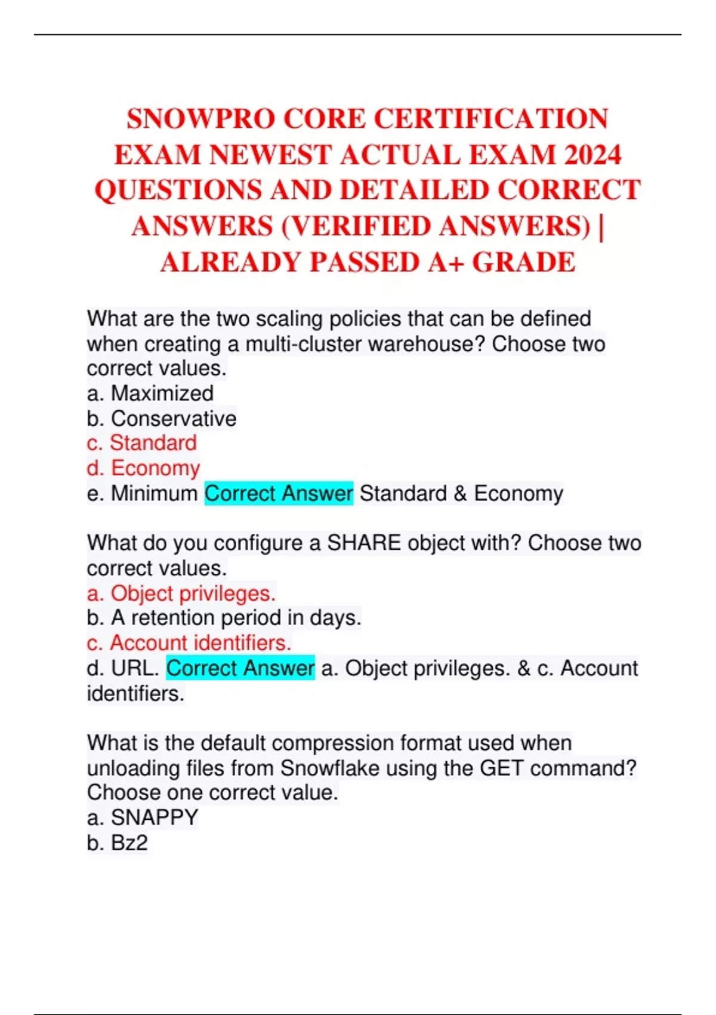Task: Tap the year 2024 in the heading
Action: (592, 155)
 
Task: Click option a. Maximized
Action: (150, 393)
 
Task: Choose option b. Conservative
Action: (162, 419)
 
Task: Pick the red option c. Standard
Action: (142, 443)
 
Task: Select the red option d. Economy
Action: (144, 468)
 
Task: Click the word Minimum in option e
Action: (154, 494)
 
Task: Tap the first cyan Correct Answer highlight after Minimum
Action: (279, 494)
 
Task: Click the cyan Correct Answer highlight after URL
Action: (240, 668)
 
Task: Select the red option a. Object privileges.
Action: (181, 593)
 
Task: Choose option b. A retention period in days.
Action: (224, 618)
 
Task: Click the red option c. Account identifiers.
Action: (189, 643)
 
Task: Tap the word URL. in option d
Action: (135, 668)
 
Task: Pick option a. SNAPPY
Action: (143, 817)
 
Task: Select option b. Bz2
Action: (118, 842)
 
